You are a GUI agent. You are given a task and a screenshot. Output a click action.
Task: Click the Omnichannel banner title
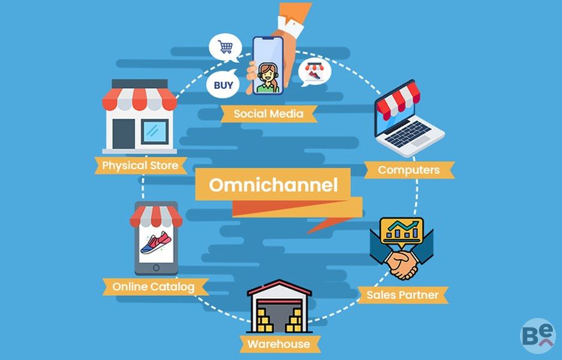coord(273,185)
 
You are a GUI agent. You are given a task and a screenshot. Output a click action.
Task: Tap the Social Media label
coord(268,114)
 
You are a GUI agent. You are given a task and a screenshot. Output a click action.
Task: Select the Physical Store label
coord(140,166)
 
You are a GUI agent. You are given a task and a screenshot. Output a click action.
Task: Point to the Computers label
coord(409,170)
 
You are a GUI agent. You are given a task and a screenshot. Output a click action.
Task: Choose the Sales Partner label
coord(402,295)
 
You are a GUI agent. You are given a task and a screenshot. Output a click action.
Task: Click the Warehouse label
coord(279,344)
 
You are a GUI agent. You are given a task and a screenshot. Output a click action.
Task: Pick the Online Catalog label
coord(153,287)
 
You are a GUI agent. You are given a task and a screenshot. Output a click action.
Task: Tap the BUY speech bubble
coord(223,84)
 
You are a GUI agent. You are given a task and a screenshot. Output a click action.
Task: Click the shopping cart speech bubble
coord(225,47)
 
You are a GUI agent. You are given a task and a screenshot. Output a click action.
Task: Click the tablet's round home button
coord(156,268)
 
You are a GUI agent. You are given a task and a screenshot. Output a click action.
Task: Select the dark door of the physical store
coord(124,134)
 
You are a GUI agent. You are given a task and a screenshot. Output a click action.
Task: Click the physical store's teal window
coord(154,131)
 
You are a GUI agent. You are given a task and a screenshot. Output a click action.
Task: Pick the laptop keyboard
coord(408,133)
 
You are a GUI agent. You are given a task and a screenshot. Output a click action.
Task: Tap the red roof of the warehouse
coord(279,288)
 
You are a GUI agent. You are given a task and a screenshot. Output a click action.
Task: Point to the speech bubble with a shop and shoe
coord(315,71)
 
